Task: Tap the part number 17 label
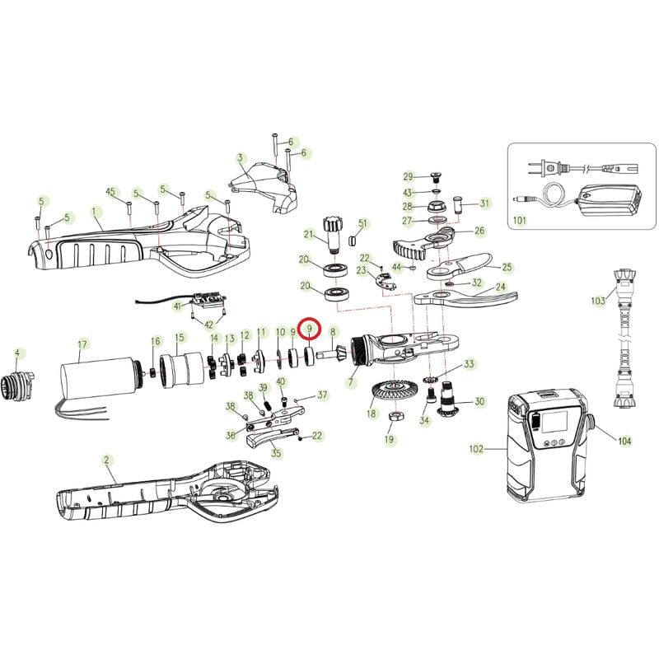click(82, 344)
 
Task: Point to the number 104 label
click(624, 441)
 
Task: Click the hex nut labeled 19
click(396, 417)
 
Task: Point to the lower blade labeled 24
click(465, 298)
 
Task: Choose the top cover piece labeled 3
click(264, 188)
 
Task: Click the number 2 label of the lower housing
click(106, 460)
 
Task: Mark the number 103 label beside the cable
click(598, 301)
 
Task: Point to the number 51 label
click(362, 222)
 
